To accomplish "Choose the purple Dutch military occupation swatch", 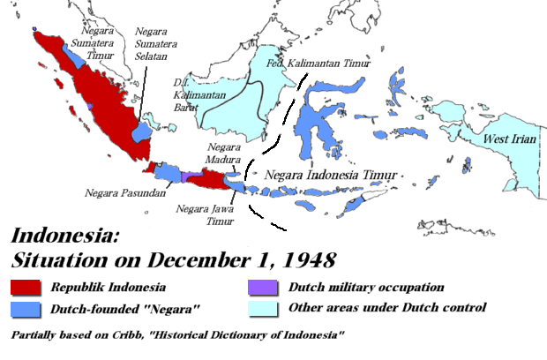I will pyautogui.click(x=262, y=288).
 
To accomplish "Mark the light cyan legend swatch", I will pyautogui.click(x=262, y=308).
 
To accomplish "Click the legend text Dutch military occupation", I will pyautogui.click(x=365, y=288).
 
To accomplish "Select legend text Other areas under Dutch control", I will pyautogui.click(x=386, y=308).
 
